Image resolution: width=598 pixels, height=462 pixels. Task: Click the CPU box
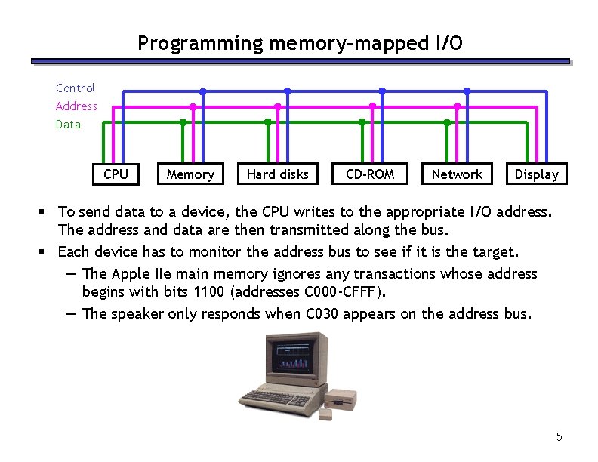[116, 174]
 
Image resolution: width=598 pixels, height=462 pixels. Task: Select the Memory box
[190, 174]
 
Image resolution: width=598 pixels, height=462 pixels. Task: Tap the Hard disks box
[277, 174]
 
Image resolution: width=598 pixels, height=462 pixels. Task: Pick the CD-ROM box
[370, 174]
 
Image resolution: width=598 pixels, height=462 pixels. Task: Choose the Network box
[457, 174]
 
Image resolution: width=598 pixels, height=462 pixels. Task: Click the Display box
[536, 174]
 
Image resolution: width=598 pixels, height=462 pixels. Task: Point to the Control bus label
[76, 88]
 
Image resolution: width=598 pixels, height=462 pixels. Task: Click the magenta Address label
[76, 106]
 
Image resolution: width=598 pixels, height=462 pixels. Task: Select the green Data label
[68, 125]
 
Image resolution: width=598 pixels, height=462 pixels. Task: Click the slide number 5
[559, 437]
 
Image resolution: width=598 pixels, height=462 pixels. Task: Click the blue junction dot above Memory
[202, 91]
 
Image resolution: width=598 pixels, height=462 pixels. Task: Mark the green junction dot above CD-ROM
[362, 122]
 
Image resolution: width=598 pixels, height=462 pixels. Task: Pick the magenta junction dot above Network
[457, 106]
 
